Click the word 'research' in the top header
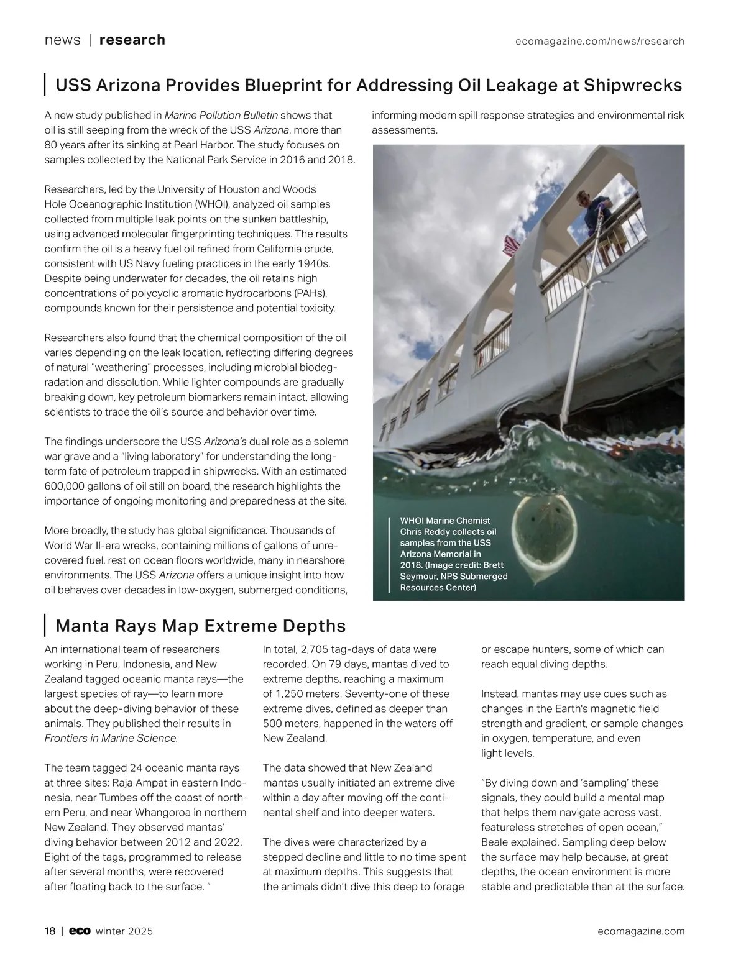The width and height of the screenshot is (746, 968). coord(132,40)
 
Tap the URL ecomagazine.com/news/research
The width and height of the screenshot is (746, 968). coord(600,42)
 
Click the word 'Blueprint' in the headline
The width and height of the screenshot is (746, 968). coord(283,85)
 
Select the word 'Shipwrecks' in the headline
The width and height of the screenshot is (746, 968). coord(633,85)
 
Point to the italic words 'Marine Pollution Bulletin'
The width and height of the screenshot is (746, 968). coord(221,116)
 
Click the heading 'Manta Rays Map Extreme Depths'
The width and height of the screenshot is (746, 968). coord(200,626)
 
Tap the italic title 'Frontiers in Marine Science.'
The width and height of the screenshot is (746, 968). coord(111,739)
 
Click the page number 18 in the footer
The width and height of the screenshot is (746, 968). coord(50,931)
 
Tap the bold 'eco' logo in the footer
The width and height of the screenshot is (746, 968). coord(80,931)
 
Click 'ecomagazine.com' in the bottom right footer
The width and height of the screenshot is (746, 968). coord(641,931)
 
